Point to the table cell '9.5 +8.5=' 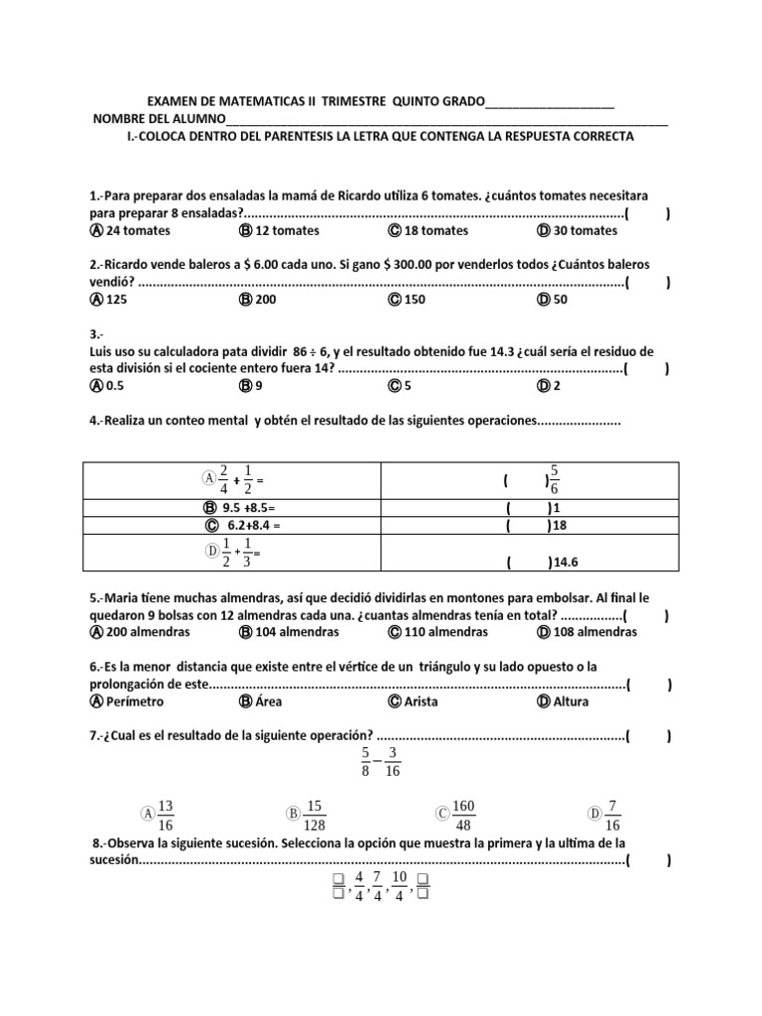(237, 507)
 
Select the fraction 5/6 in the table (555, 479)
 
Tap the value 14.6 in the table (565, 562)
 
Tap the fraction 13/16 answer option (165, 815)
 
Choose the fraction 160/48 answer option (464, 815)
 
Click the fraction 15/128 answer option (316, 815)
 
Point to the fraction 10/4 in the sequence (399, 886)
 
